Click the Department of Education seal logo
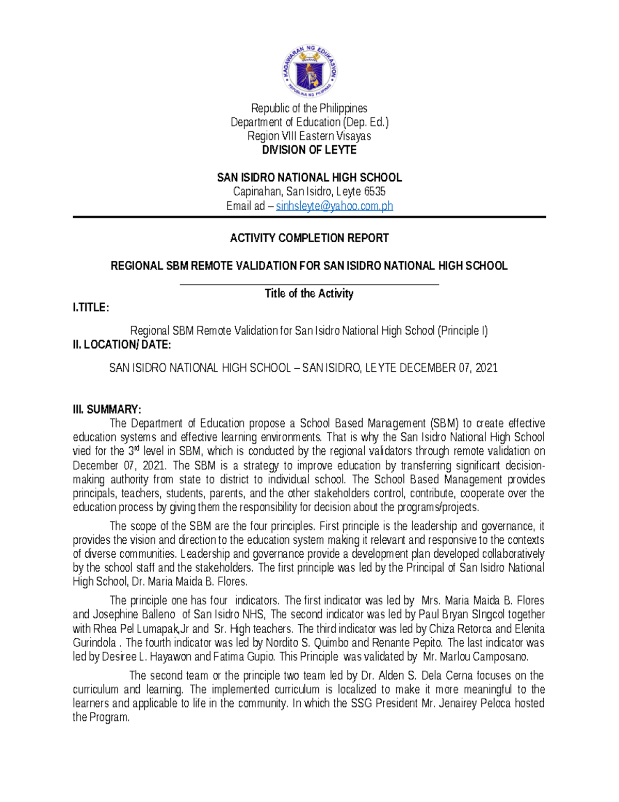(309, 71)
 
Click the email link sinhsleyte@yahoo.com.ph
(334, 206)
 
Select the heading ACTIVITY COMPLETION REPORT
(309, 238)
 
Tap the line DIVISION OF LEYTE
(309, 150)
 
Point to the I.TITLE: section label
(91, 308)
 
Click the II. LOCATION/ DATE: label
(122, 344)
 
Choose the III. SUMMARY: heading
(107, 410)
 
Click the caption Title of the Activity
(309, 293)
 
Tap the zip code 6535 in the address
(375, 192)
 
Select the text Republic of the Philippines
(309, 108)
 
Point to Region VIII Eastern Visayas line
(309, 136)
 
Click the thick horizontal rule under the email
(309, 217)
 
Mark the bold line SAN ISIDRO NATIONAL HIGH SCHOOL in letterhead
(309, 178)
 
